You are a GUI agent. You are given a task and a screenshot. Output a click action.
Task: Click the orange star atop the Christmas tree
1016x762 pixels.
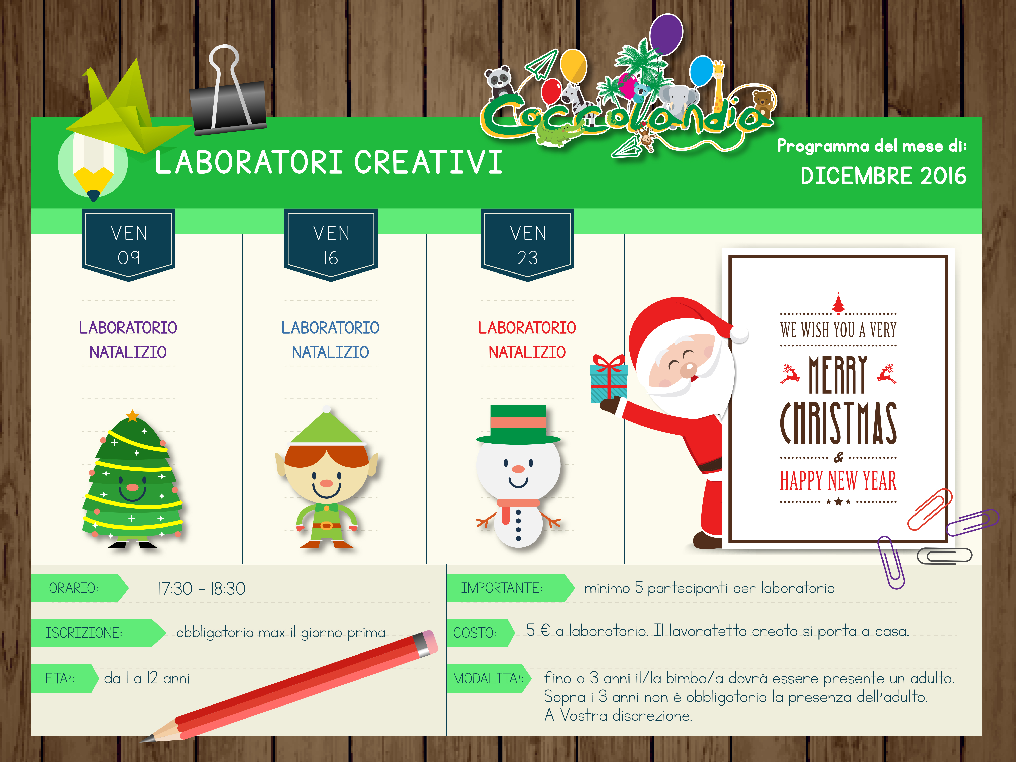click(132, 416)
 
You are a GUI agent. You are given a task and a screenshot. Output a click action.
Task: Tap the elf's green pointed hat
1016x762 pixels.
click(327, 427)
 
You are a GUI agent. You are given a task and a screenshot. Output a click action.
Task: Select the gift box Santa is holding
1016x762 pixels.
click(609, 379)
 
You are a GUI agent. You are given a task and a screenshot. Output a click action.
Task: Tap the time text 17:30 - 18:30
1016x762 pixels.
click(202, 588)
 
